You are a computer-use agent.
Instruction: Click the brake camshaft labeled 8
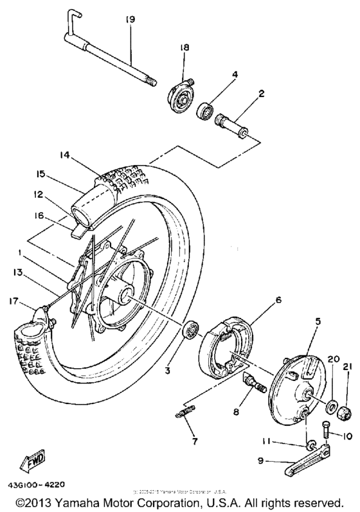click(x=255, y=384)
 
